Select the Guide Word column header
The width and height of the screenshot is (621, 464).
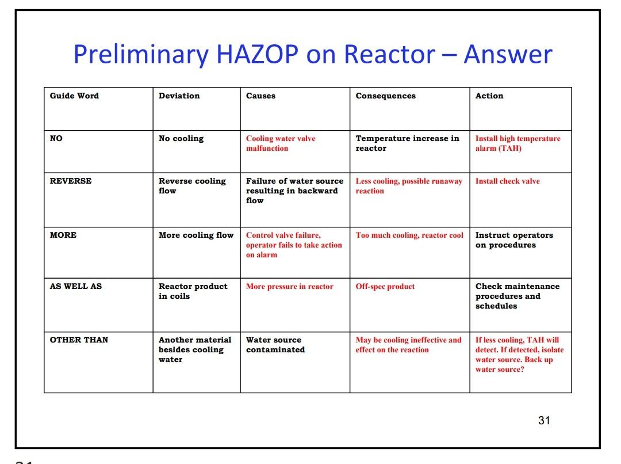74,96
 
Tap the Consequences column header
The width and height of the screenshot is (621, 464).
385,96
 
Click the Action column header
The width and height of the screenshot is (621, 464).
489,96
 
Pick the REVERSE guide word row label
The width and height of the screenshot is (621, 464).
71,181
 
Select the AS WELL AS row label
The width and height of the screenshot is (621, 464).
75,287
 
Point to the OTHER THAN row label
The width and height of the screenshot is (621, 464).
79,340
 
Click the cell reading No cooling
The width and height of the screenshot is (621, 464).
181,139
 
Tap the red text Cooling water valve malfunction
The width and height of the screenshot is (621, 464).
281,143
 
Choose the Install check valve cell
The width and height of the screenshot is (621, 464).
507,181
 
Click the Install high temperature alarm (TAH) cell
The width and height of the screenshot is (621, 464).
517,143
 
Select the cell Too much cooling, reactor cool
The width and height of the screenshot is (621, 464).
409,235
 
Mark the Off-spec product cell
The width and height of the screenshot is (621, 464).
385,287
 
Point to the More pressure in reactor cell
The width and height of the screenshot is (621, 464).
289,287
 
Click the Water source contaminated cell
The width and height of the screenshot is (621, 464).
275,345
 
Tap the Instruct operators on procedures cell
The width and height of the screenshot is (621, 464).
513,240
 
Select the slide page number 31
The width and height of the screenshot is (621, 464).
544,421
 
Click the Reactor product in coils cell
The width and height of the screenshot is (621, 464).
193,291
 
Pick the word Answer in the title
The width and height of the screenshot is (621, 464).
508,55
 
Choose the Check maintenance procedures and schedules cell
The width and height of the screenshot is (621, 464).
517,296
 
